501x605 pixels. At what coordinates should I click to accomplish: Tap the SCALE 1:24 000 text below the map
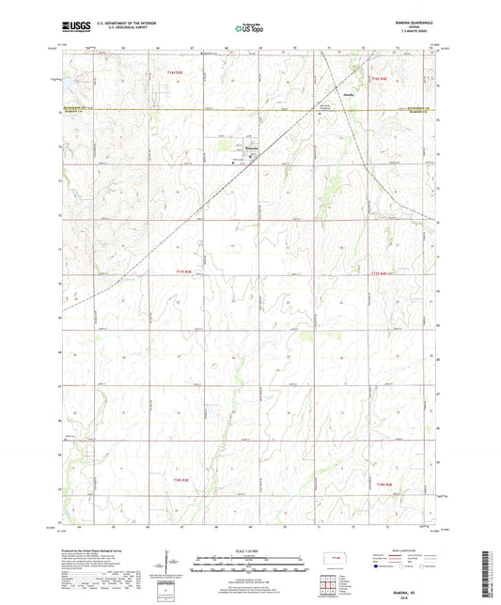tap(249, 550)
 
